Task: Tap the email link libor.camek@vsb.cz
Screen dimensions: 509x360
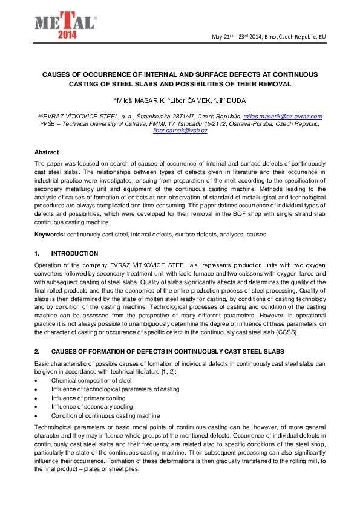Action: click(x=180, y=130)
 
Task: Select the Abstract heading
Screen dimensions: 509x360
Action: click(x=47, y=152)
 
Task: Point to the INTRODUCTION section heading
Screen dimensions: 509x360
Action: click(x=74, y=253)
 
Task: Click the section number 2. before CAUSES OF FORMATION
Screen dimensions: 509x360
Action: click(x=37, y=351)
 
